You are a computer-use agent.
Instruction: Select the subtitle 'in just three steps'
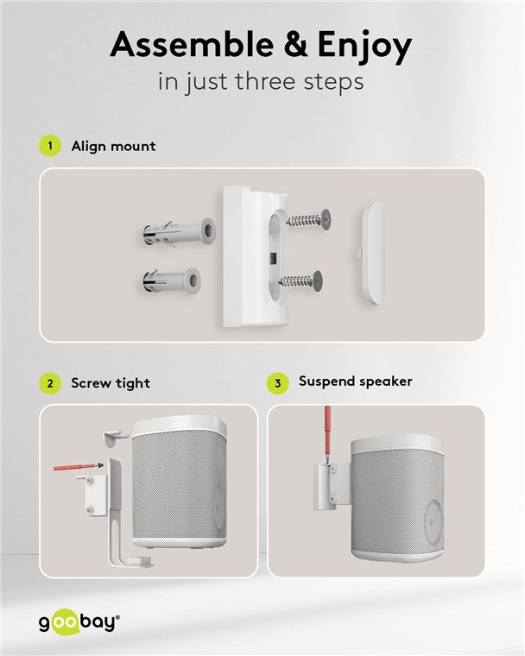coord(262,84)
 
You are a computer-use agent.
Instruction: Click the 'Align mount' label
coord(113,146)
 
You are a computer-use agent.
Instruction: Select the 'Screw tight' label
coord(110,382)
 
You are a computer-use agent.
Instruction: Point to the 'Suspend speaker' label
coord(355,382)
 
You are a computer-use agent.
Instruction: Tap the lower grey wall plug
coord(170,280)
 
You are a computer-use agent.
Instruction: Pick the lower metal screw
coord(302,280)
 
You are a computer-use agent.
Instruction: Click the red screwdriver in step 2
coord(76,467)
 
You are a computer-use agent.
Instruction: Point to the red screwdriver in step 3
coord(327,436)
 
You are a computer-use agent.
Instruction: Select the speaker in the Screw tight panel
coord(180,483)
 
